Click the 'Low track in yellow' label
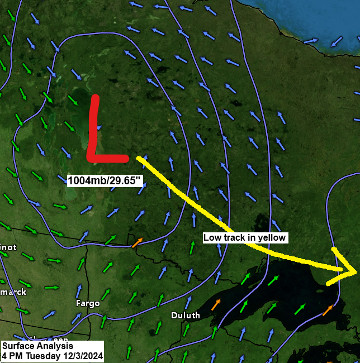pyautogui.click(x=245, y=237)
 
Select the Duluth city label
pyautogui.click(x=186, y=316)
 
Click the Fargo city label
pyautogui.click(x=88, y=303)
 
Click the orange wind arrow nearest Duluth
pyautogui.click(x=215, y=304)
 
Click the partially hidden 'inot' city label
pyautogui.click(x=8, y=247)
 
